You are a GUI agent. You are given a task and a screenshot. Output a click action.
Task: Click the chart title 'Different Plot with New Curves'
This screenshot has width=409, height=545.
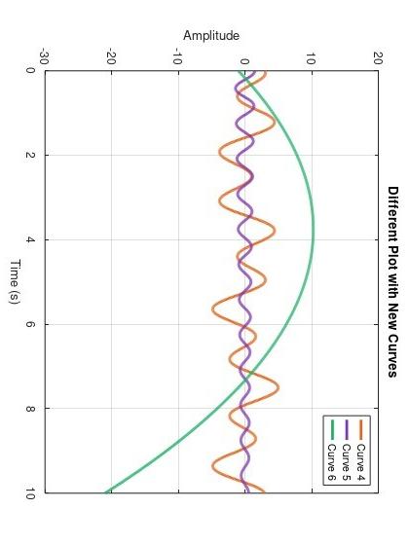click(392, 267)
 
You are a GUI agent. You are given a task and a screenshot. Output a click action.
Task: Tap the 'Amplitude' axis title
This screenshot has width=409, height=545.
click(211, 36)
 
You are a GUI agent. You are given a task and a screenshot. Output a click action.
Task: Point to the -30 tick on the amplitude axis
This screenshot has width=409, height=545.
click(44, 57)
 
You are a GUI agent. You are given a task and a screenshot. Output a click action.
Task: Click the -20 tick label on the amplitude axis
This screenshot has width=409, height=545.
click(110, 57)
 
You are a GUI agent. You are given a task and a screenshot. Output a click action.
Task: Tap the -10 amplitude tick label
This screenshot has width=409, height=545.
click(177, 57)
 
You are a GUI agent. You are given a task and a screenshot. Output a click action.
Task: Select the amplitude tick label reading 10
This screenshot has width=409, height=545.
click(311, 57)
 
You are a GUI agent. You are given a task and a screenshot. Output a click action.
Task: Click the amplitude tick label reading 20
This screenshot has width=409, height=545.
click(377, 57)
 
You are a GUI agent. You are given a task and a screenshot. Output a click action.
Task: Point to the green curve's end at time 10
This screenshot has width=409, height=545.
click(104, 491)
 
